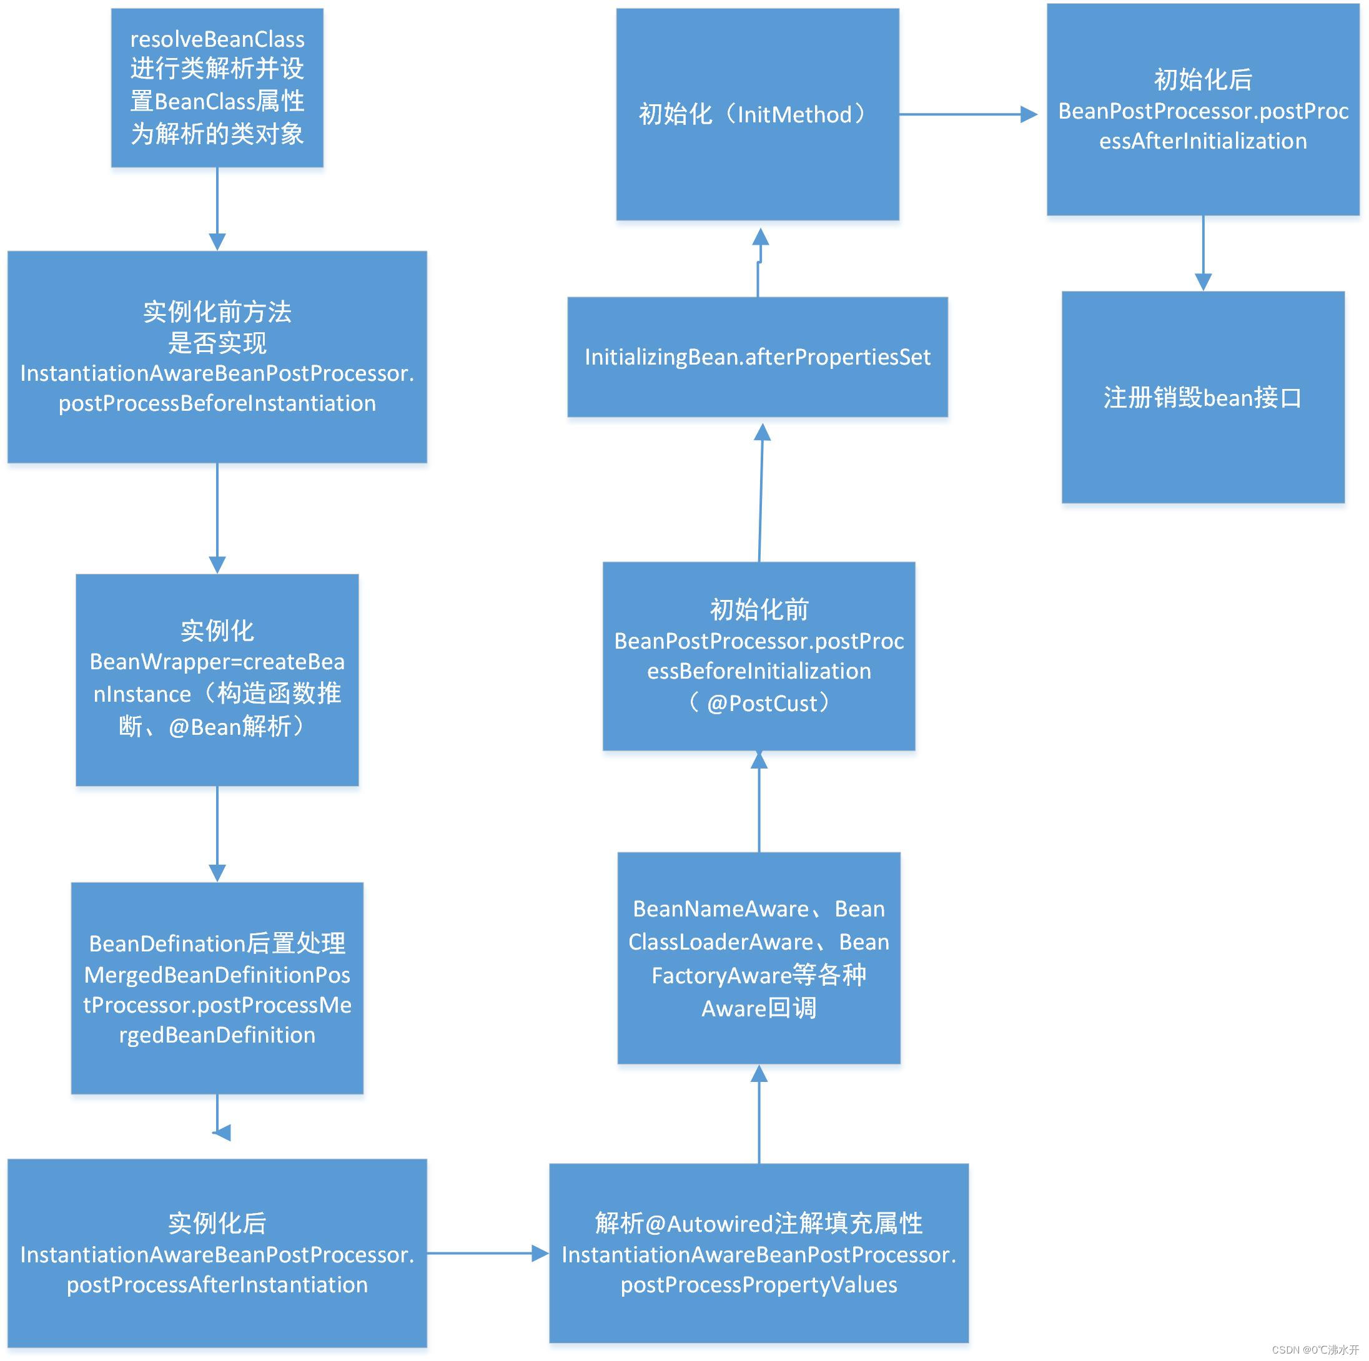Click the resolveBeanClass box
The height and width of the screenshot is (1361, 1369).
[217, 88]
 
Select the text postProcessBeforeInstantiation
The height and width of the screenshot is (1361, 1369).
[217, 403]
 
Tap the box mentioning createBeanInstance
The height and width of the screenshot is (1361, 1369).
[217, 679]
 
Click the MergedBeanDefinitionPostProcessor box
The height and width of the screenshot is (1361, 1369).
[217, 988]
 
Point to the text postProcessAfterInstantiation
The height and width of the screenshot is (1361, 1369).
[217, 1285]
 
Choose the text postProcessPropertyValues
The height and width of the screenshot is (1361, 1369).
[758, 1285]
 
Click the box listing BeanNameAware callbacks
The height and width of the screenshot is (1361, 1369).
[758, 958]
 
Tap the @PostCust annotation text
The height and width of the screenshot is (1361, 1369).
[768, 704]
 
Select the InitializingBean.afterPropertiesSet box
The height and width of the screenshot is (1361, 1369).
[757, 357]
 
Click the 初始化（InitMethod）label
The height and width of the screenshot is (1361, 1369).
[757, 114]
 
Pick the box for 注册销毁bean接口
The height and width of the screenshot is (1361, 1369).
[1202, 398]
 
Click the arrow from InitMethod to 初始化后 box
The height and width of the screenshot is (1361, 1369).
[967, 114]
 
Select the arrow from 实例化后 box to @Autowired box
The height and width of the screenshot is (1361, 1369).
[488, 1254]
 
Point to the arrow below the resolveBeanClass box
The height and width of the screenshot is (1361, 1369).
[217, 209]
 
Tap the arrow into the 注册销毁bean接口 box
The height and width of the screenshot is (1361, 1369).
[1202, 253]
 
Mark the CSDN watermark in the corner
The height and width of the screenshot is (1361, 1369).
[1315, 1350]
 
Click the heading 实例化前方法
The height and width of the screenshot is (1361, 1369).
[217, 312]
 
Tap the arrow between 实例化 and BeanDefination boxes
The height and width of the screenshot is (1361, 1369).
[217, 834]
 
